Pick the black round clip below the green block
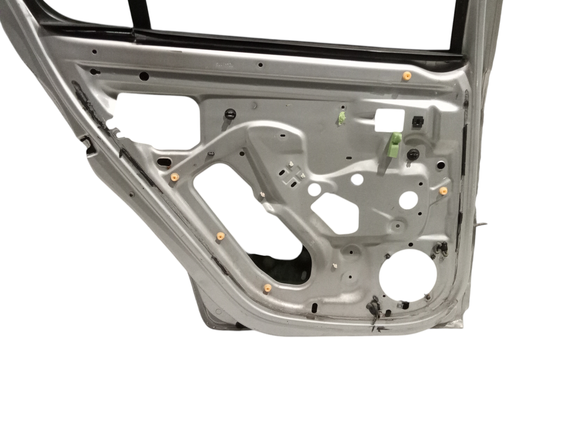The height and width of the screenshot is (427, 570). pyautogui.click(x=412, y=154)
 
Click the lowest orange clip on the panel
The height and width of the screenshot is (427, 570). pyautogui.click(x=267, y=288)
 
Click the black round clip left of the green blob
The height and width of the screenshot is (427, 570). pyautogui.click(x=230, y=113)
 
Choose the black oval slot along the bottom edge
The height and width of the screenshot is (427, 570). pyautogui.click(x=315, y=307)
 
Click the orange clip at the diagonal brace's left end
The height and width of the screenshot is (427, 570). pyautogui.click(x=174, y=178)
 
